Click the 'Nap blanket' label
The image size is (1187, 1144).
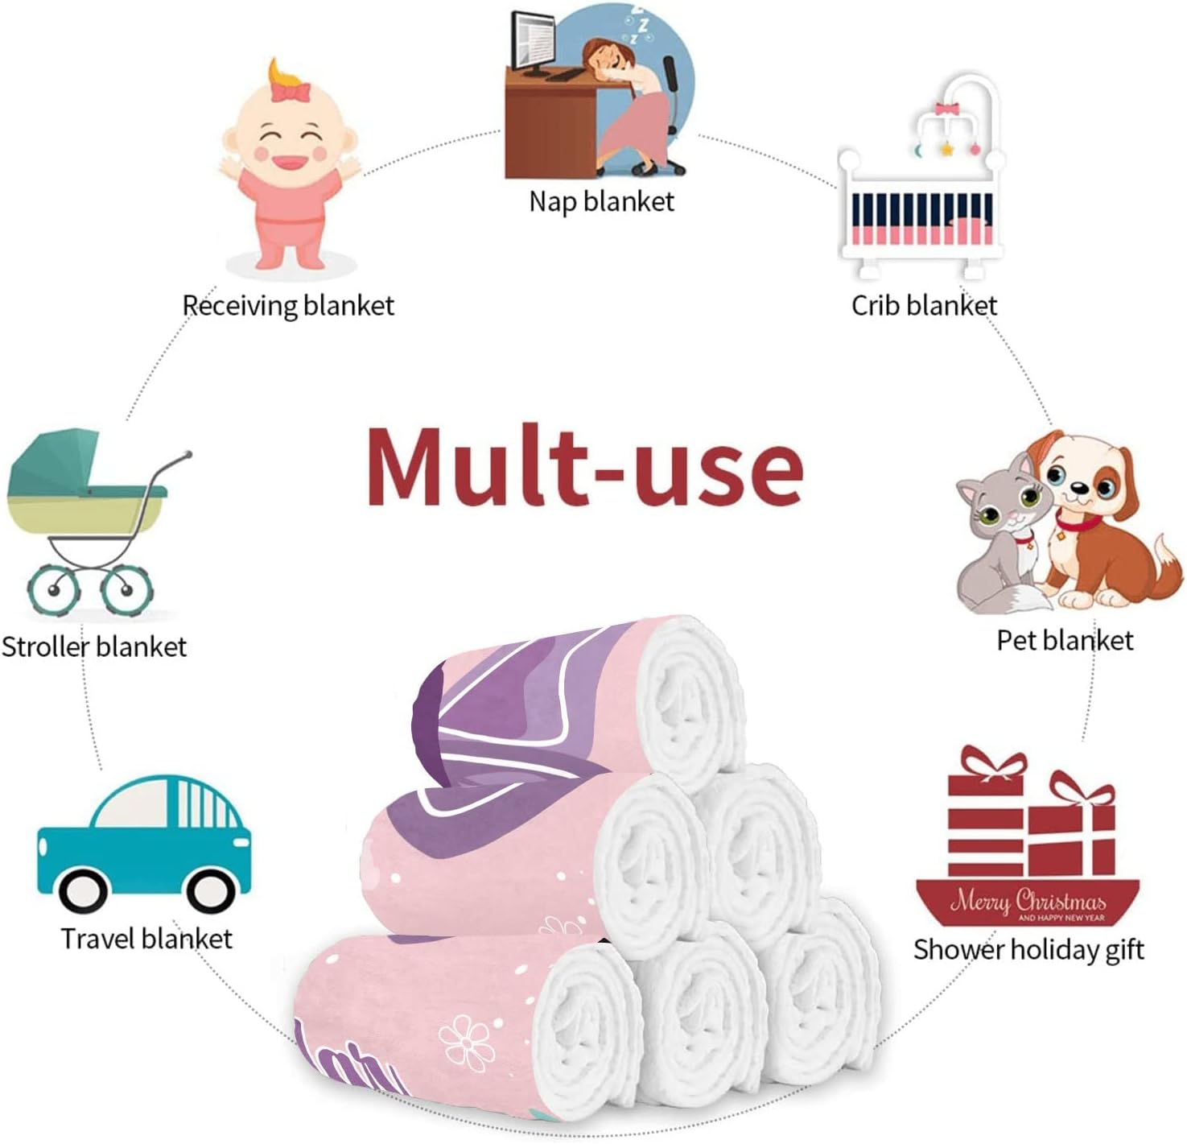[x=601, y=202]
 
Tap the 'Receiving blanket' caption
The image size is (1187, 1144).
[x=289, y=306]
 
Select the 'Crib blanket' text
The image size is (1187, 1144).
[x=924, y=306]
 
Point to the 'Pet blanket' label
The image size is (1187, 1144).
[x=1065, y=640]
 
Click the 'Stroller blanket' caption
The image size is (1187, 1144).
[x=94, y=646]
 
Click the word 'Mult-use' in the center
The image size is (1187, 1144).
[x=585, y=467]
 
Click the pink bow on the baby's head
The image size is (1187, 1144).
[x=291, y=92]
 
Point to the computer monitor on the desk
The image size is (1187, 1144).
[x=533, y=43]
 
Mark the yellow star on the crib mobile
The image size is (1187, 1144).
[x=946, y=148]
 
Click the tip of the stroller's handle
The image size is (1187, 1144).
[x=189, y=454]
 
